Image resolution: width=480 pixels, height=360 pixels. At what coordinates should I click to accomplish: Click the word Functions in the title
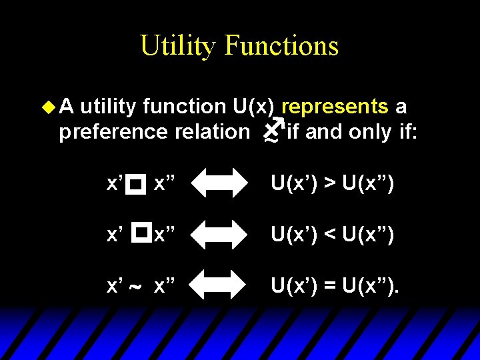pos(282,46)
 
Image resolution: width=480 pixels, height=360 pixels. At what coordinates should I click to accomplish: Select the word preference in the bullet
pos(113,132)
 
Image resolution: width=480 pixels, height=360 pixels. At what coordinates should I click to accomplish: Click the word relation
pos(211,132)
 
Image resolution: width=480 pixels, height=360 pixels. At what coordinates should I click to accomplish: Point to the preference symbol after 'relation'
pos(272,130)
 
